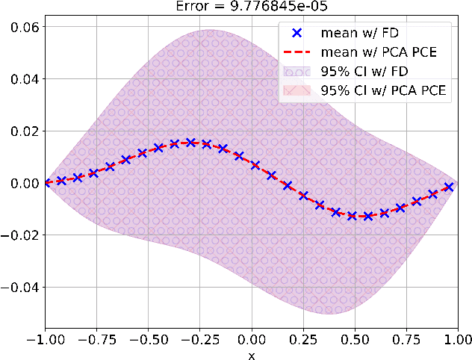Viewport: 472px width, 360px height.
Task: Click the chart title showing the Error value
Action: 251,7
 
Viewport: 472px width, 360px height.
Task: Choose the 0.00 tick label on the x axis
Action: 252,341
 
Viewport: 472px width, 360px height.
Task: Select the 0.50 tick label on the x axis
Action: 355,341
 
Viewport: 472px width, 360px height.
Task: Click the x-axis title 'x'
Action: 252,355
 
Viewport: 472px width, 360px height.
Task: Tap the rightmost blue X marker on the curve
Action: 449,187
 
